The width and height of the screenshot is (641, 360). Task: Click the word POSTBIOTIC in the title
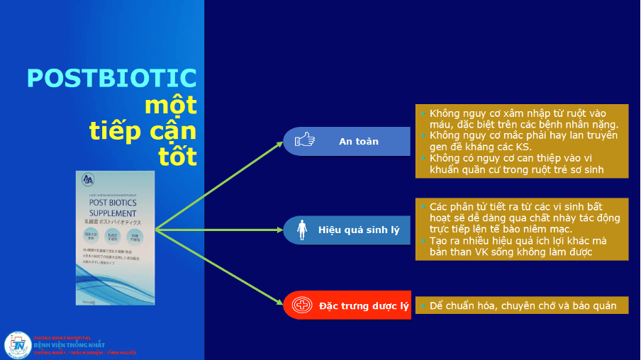click(111, 79)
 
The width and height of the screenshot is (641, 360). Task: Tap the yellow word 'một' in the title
click(170, 105)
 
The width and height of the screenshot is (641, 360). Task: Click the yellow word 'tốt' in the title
click(177, 156)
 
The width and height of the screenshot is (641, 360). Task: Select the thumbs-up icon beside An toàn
click(305, 140)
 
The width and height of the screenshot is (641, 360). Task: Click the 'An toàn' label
click(358, 141)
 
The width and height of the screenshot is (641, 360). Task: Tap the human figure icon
click(303, 230)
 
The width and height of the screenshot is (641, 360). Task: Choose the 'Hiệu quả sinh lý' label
click(359, 230)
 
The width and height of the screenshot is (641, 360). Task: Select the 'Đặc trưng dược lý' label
click(364, 306)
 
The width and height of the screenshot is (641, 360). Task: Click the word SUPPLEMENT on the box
click(115, 213)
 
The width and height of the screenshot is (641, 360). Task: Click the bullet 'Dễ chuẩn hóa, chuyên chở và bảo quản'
click(523, 306)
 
